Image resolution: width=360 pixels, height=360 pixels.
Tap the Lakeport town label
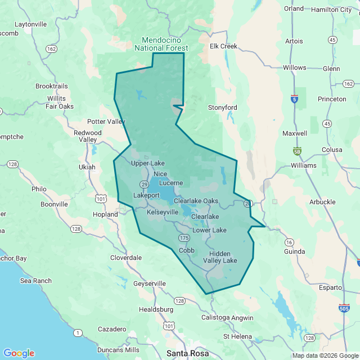pos(147,195)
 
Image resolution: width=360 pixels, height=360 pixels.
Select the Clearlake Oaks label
pos(196,201)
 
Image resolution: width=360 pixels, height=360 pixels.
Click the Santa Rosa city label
pos(187,353)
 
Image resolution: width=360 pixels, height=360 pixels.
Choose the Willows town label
pos(294,67)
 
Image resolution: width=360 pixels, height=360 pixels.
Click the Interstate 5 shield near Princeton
pos(294,98)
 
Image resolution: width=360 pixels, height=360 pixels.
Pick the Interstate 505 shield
pos(344,308)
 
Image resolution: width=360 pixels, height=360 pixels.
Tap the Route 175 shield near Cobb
pos(184,238)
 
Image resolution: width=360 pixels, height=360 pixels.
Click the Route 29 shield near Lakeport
pos(145,184)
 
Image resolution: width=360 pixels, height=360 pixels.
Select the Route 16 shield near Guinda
pos(289,242)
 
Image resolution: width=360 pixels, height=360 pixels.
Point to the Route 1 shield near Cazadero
pos(76,333)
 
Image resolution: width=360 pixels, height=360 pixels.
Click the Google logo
pos(18,353)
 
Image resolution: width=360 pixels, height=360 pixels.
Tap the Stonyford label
pos(223,107)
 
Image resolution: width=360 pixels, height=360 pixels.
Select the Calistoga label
pos(215,317)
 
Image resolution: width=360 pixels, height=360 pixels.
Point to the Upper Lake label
pos(148,164)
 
